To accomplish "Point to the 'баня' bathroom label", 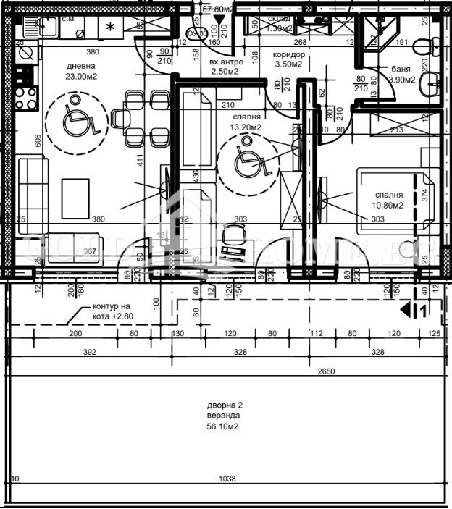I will [x=401, y=69].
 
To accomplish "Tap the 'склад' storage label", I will [x=280, y=18].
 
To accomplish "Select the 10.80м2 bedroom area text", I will [x=388, y=205].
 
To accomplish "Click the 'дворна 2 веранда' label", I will [x=222, y=411].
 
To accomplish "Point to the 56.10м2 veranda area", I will [x=222, y=427].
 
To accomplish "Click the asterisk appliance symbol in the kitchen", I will [x=110, y=28].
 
